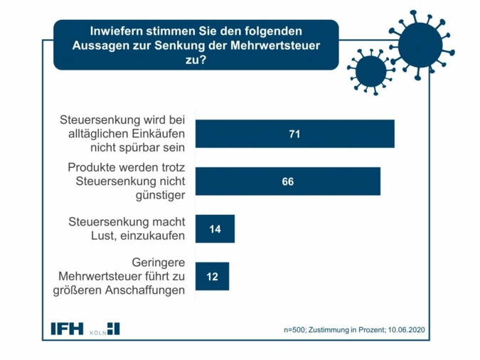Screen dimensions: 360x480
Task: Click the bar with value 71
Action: pyautogui.click(x=294, y=134)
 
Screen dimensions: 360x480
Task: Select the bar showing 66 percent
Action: pyautogui.click(x=287, y=181)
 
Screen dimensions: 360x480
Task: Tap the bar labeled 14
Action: pyautogui.click(x=214, y=229)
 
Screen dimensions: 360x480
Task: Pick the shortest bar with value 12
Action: pyautogui.click(x=212, y=276)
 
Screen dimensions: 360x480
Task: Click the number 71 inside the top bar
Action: pyautogui.click(x=294, y=134)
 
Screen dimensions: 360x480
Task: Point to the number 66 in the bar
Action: pyautogui.click(x=287, y=181)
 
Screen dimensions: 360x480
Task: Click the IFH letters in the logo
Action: pyautogui.click(x=67, y=329)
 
